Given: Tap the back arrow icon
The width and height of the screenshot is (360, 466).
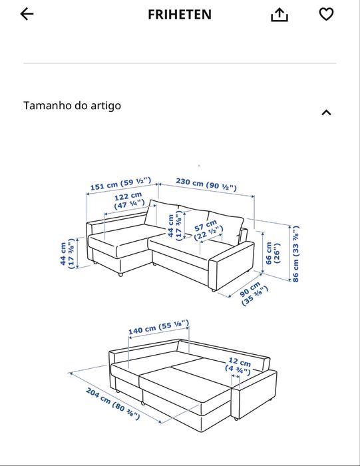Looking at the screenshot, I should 27,14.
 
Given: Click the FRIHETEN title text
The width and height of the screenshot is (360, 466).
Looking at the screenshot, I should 180,14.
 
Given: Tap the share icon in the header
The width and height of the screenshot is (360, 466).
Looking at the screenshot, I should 280,15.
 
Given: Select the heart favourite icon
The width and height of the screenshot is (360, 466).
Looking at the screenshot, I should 326,14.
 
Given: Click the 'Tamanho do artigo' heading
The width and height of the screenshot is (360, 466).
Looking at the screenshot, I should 73,105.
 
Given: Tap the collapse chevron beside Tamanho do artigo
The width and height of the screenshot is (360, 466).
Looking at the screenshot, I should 326,113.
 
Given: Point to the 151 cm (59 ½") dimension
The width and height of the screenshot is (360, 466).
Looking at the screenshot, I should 121,184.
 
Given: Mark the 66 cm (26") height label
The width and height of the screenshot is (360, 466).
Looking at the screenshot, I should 273,252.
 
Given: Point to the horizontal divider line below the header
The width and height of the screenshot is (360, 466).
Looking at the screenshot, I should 180,64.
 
